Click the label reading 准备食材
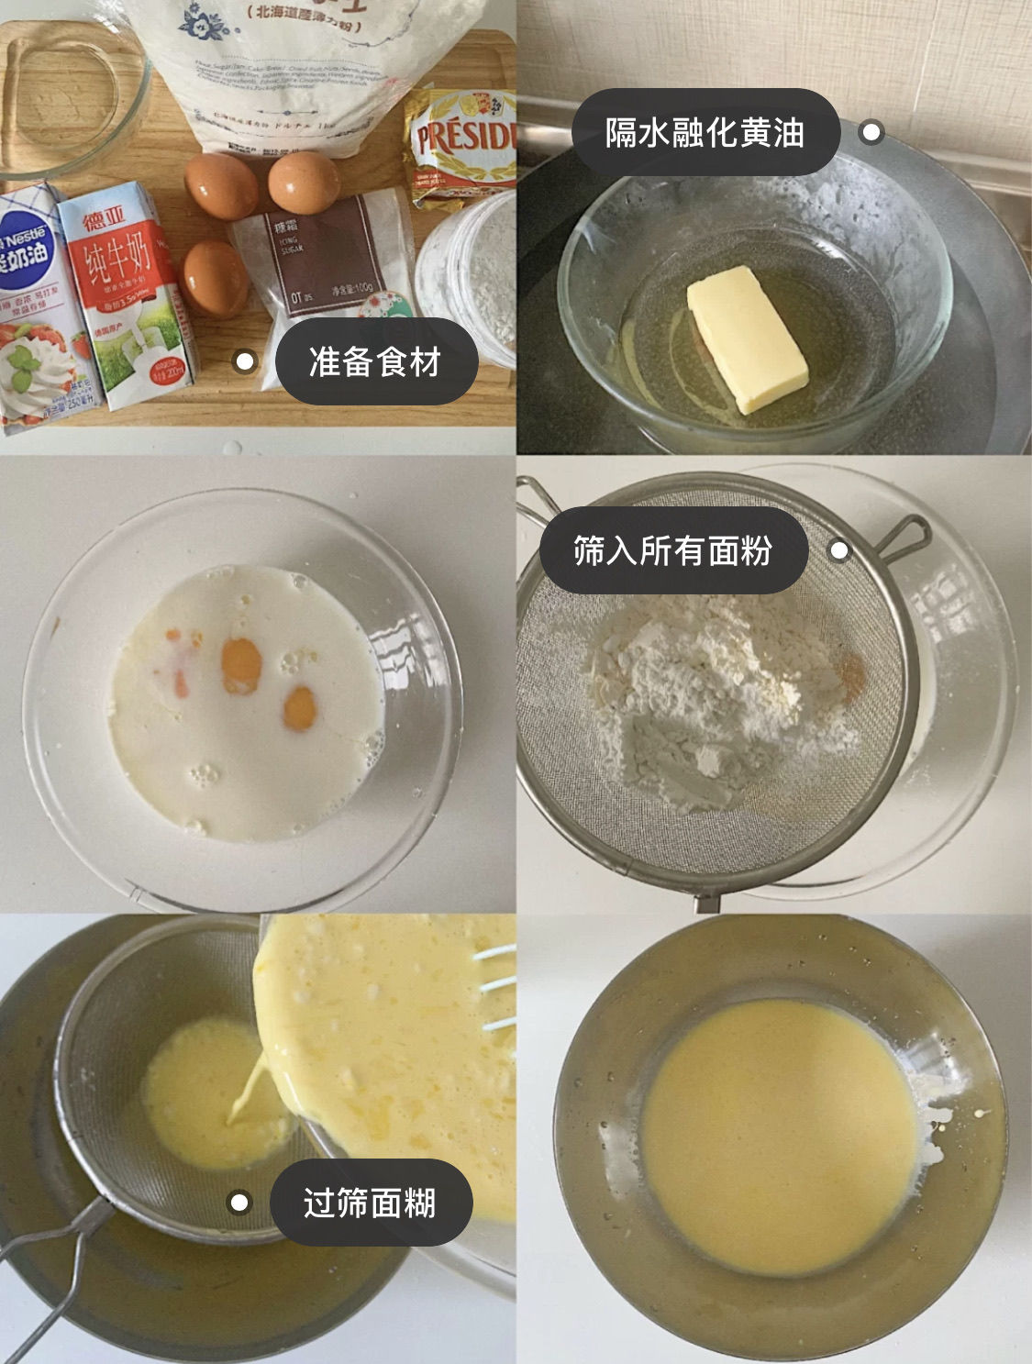[375, 361]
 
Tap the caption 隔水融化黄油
[705, 132]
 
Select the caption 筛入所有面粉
[672, 550]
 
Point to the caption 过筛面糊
[370, 1202]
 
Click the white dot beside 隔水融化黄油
[871, 132]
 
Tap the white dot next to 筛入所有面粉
[838, 550]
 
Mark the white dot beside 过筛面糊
[239, 1202]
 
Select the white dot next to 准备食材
[244, 361]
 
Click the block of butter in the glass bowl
[747, 339]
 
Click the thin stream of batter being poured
[246, 1092]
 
